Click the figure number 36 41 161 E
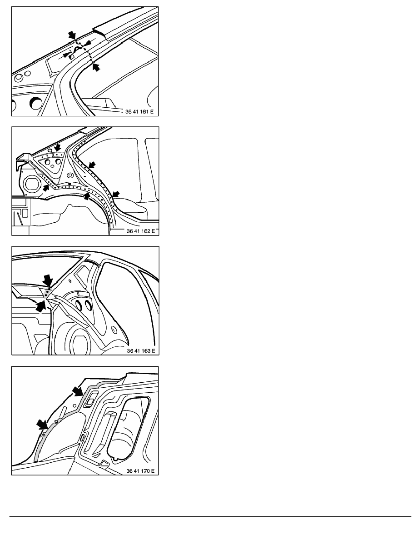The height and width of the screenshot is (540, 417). point(139,111)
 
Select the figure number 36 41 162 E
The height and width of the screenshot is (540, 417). point(141,231)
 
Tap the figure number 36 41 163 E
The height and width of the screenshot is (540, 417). point(141,350)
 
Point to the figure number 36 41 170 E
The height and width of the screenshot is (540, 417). point(140,471)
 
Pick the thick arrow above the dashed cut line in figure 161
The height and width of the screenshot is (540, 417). point(72,35)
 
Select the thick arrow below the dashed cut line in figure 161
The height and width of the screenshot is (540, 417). point(96,66)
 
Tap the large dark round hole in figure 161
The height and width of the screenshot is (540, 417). point(35,102)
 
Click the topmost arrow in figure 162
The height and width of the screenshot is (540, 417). point(57,148)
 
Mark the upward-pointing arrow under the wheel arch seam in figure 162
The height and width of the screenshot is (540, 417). point(87,196)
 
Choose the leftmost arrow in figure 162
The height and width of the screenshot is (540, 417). point(46,188)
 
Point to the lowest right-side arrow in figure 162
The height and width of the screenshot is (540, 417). point(117,195)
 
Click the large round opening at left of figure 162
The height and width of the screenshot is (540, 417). point(32,183)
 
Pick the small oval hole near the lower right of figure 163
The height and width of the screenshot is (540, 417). point(114,330)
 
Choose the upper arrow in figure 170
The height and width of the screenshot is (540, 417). point(78,390)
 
